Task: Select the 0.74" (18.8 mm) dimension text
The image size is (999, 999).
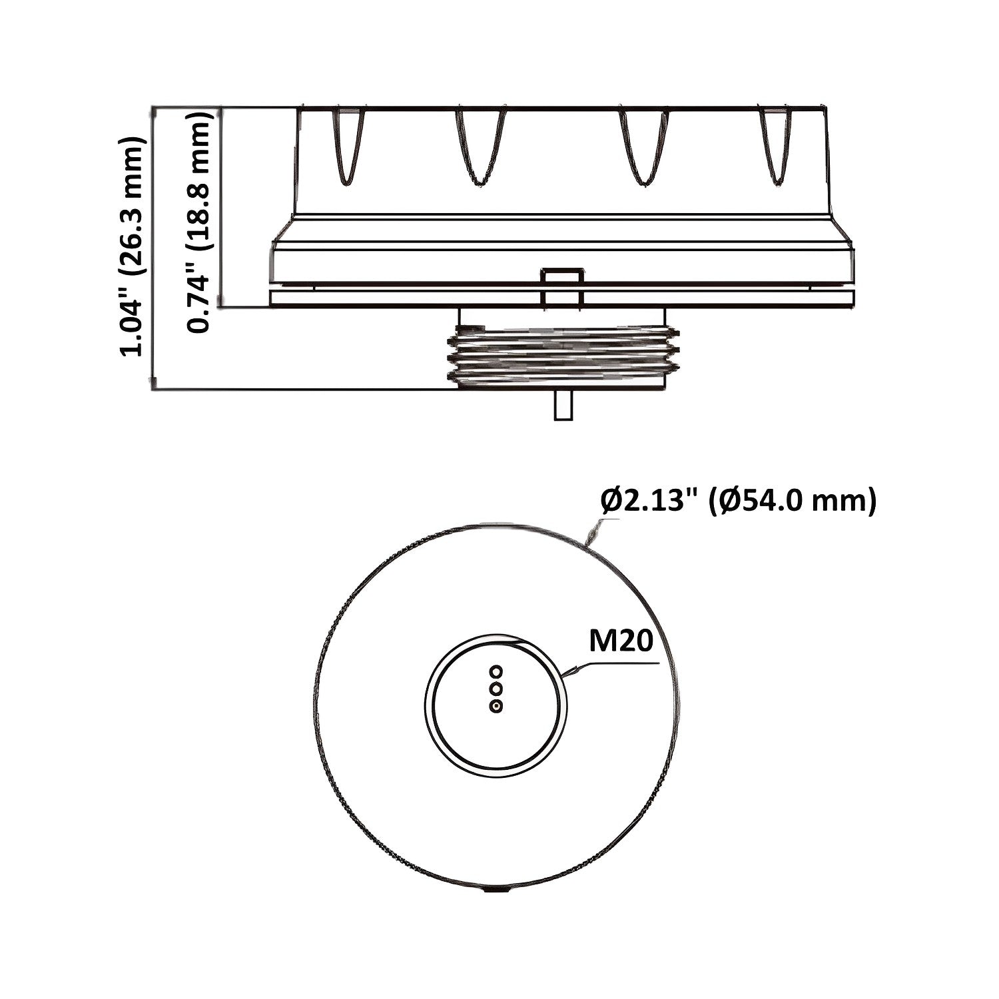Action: [x=201, y=222]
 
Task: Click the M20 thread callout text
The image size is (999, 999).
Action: [x=620, y=642]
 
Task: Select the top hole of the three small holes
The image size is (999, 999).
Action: [x=495, y=670]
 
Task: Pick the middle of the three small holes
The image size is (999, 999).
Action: [x=495, y=687]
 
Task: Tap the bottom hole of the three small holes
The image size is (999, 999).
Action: [x=495, y=705]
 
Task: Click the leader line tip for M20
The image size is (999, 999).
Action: [x=565, y=676]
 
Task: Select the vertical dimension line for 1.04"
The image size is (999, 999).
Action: [x=153, y=246]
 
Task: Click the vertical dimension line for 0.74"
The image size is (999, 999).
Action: [x=221, y=206]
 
